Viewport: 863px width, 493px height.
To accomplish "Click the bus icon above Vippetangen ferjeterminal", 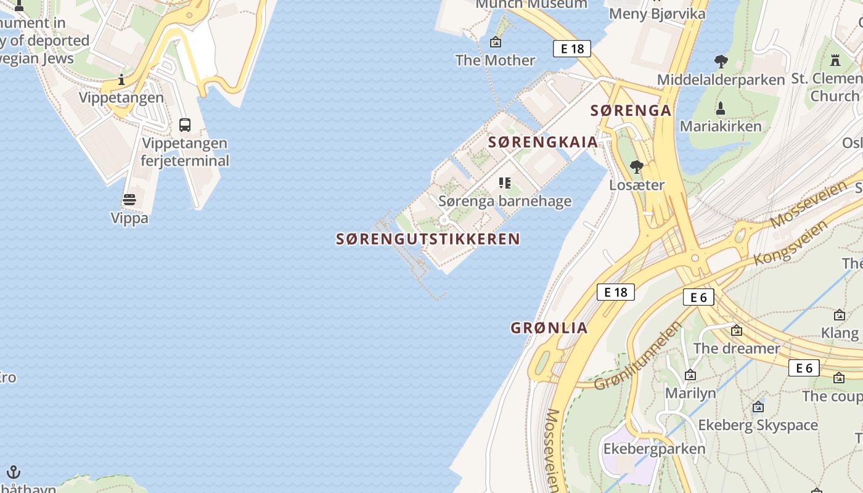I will (x=184, y=124).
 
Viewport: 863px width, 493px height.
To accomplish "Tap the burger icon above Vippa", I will (x=129, y=200).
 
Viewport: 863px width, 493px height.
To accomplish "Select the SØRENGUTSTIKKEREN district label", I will (x=428, y=239).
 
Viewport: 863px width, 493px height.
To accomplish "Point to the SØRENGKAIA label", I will (x=543, y=142).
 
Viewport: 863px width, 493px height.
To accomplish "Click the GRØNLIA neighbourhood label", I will (x=549, y=328).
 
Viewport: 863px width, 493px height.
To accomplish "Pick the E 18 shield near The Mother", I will (x=572, y=49).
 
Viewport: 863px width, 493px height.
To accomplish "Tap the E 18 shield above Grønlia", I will (x=616, y=292).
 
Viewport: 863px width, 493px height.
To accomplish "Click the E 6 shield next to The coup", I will (x=804, y=369).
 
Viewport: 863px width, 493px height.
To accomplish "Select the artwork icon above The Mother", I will (x=495, y=42).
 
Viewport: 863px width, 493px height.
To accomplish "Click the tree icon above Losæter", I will (x=637, y=166).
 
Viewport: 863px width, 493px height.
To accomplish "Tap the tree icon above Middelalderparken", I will (x=721, y=61).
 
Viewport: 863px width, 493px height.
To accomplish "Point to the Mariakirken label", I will (x=721, y=126).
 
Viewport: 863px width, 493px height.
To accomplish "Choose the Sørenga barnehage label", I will (x=505, y=202).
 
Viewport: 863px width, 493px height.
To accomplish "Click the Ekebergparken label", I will (x=654, y=449).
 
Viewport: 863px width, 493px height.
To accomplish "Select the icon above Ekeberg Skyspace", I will (x=758, y=407).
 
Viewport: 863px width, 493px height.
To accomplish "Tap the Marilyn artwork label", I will (x=690, y=393).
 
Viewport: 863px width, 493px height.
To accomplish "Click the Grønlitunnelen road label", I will (x=639, y=356).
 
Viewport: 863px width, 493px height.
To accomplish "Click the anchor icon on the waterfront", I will (x=14, y=473).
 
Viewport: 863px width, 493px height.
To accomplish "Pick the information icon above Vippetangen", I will (x=121, y=79).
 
